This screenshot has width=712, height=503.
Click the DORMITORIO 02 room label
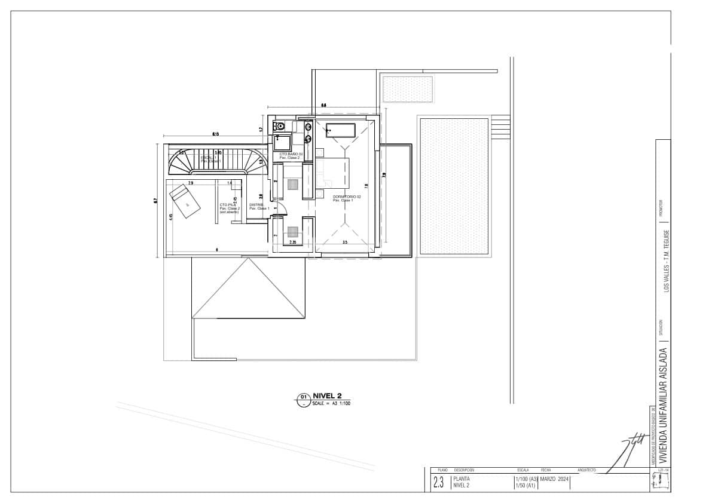[x=347, y=197]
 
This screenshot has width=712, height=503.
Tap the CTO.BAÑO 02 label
[x=291, y=155]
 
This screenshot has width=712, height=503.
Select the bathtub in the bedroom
[x=340, y=130]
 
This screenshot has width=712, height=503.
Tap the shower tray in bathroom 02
[x=282, y=143]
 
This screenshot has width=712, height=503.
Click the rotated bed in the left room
[x=185, y=201]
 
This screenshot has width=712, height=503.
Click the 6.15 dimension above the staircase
[x=215, y=134]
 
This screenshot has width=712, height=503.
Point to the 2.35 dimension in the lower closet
[x=293, y=243]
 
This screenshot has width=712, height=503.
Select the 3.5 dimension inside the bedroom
[x=345, y=243]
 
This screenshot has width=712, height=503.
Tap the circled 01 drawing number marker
[x=303, y=397]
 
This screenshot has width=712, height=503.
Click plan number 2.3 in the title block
[x=439, y=483]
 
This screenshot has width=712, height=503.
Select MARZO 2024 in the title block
[x=554, y=479]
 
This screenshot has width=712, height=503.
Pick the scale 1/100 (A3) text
[x=526, y=479]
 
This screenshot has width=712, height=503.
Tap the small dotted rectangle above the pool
[x=407, y=89]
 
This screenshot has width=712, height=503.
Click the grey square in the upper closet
[x=293, y=185]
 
